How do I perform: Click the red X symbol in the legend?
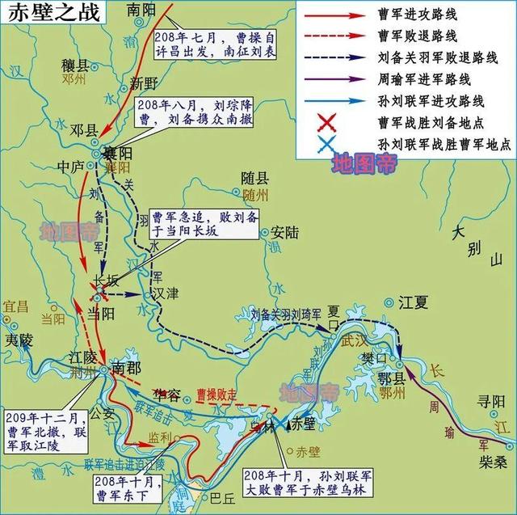tap(327, 123)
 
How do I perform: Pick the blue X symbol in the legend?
tap(327, 145)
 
